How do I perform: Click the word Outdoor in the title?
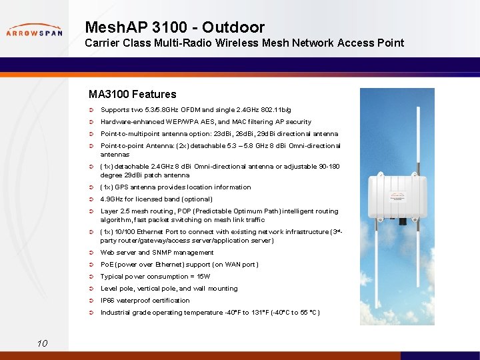[x=233, y=27]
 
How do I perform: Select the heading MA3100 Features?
[x=132, y=94]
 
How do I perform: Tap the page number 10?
[x=42, y=343]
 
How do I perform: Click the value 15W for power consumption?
[x=203, y=277]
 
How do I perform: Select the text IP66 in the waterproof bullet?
[x=107, y=301]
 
